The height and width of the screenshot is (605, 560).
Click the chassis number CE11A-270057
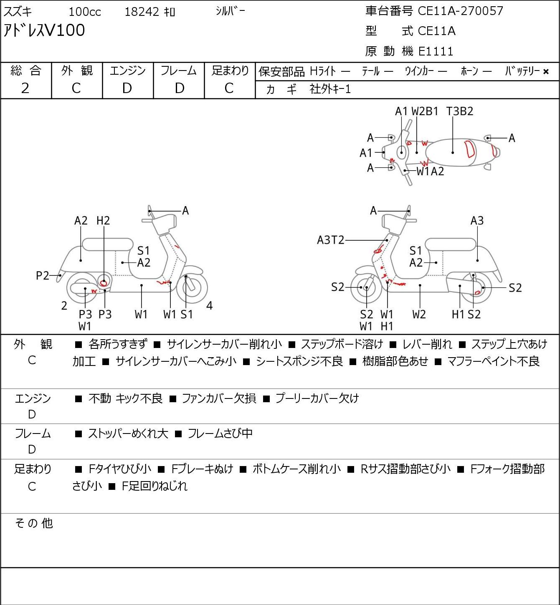[x=460, y=11]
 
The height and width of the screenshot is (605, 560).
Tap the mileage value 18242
[x=142, y=12]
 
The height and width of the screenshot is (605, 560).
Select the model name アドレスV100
[x=44, y=30]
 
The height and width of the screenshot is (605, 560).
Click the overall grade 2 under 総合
[x=25, y=88]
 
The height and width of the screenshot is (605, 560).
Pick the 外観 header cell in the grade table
[x=77, y=71]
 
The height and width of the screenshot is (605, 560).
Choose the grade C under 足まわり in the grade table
[x=229, y=88]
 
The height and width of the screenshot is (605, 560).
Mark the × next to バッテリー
[x=546, y=72]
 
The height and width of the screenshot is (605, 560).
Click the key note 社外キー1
[x=330, y=89]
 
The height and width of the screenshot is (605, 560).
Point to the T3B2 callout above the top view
[x=460, y=111]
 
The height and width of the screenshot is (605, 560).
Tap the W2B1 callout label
[x=425, y=111]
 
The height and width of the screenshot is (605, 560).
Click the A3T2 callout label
[x=331, y=240]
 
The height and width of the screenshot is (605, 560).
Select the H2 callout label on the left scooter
[x=103, y=221]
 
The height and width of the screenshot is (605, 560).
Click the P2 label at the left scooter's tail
[x=43, y=276]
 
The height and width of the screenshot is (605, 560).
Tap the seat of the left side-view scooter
[x=108, y=245]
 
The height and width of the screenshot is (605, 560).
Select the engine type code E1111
[x=436, y=51]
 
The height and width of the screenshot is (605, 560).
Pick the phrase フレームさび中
[x=220, y=434]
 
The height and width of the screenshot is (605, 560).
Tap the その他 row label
[x=34, y=523]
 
